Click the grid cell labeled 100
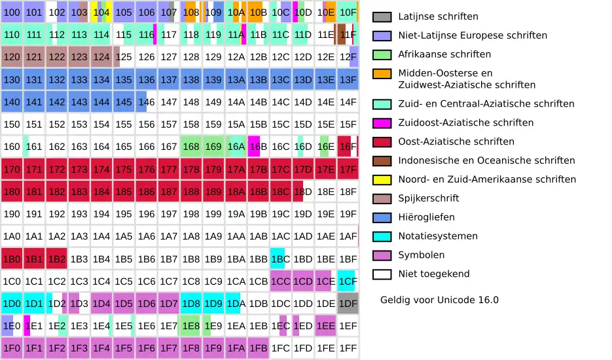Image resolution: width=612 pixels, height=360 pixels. [12, 12]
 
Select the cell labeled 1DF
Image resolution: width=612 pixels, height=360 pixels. [348, 304]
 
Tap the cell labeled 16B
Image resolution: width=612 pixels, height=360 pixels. [258, 147]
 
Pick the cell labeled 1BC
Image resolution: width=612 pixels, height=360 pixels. [280, 259]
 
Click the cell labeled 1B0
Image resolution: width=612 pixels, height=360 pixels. [12, 259]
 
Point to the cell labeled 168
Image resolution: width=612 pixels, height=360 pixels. [191, 147]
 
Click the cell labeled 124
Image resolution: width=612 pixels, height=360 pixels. [101, 57]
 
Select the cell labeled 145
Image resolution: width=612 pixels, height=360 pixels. [123, 102]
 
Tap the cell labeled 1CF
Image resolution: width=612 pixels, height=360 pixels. [348, 281]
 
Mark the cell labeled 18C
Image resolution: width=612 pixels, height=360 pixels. [280, 192]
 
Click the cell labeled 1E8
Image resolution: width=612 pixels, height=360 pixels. [191, 326]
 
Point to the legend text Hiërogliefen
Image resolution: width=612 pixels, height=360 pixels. [426, 217]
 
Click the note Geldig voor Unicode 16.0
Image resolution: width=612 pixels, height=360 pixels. [439, 300]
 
